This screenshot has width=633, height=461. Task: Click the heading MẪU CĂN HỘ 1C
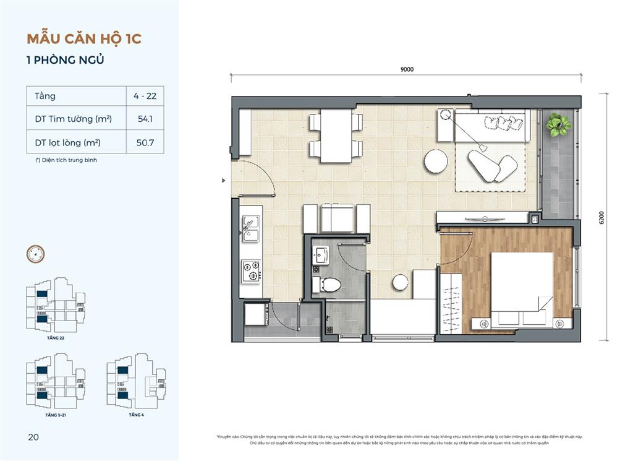coord(84,38)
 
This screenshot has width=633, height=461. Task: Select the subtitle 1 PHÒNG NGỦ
coord(65,60)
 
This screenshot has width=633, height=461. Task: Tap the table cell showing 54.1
coord(145,119)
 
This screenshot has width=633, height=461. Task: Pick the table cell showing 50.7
coord(145,142)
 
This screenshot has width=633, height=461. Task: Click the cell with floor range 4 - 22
coord(145,96)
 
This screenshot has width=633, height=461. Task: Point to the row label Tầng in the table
coord(45,96)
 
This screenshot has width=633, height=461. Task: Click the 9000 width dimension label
coord(406,69)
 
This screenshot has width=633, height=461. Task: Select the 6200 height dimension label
coord(601,218)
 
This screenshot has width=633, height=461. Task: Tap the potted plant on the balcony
coord(559,125)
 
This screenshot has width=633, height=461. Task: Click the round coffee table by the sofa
coord(436,162)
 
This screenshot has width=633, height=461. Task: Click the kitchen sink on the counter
coord(251,230)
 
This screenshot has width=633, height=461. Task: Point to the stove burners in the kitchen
coord(251,270)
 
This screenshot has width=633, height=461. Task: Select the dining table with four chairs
coord(336,136)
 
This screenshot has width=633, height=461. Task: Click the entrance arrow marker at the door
coord(224,181)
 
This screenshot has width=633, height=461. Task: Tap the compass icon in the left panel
coord(35,253)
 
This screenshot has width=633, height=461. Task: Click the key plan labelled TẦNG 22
coord(56,306)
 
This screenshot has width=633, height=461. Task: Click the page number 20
coord(33,437)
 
